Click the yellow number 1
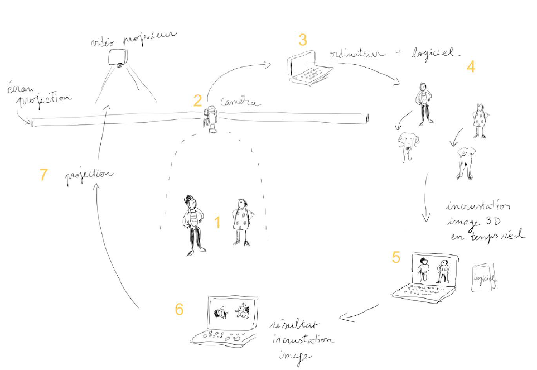217,223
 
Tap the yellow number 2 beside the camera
197,100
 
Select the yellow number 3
302,40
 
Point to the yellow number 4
471,66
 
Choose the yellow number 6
180,309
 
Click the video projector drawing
119,57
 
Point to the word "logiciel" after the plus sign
435,53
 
